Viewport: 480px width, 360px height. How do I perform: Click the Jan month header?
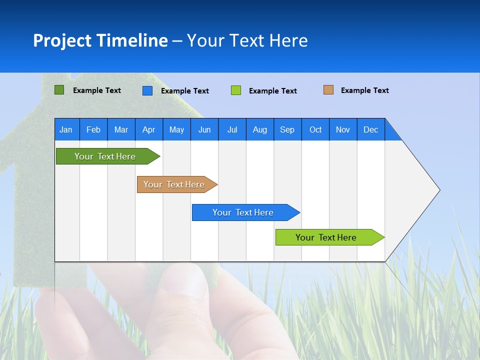(x=66, y=129)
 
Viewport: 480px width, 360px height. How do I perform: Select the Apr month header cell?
(x=149, y=129)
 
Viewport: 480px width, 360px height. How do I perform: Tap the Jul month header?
(x=232, y=129)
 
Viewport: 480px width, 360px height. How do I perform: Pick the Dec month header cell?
(x=370, y=129)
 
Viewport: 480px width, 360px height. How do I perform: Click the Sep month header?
(x=287, y=129)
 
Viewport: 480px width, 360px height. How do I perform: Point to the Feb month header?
(x=93, y=129)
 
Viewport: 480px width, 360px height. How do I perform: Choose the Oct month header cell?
(x=315, y=129)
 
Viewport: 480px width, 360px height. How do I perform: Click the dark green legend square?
(x=59, y=90)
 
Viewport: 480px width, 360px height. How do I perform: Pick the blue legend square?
(x=147, y=90)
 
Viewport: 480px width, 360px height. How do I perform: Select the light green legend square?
(x=236, y=90)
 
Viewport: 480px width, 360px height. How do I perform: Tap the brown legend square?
(x=328, y=90)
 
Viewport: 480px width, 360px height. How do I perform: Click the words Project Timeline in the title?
(x=100, y=40)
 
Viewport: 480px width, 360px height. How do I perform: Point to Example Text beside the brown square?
(x=364, y=90)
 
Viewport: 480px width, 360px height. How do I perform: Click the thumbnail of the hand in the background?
(x=165, y=310)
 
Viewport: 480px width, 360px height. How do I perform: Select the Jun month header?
(x=204, y=129)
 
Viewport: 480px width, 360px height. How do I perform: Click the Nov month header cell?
(x=343, y=129)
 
